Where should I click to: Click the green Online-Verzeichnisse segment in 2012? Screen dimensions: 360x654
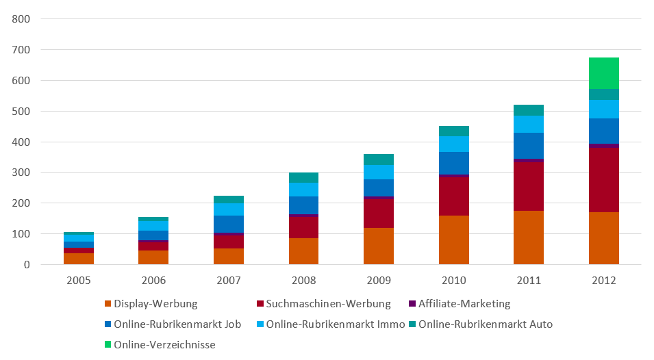[x=604, y=73]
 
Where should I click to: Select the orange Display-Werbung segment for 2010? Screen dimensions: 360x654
[x=454, y=240]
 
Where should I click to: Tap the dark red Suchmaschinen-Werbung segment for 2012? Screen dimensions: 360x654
[x=604, y=180]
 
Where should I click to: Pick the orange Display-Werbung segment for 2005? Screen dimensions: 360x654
[x=79, y=259]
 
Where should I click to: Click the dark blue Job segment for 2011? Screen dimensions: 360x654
[x=529, y=146]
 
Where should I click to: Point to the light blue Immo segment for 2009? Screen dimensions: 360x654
[x=379, y=172]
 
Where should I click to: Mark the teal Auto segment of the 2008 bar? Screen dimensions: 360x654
[x=303, y=178]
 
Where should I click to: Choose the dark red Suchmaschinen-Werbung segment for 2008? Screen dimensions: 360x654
[x=303, y=227]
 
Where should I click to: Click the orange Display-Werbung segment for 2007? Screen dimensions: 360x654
[x=229, y=256]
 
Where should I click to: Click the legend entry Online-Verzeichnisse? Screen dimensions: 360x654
[x=164, y=345]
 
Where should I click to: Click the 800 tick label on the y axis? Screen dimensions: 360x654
[x=21, y=19]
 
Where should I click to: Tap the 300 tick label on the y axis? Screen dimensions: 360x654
[x=21, y=172]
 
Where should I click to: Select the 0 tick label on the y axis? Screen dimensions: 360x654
[x=26, y=265]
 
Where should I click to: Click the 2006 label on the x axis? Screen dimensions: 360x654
[x=153, y=281]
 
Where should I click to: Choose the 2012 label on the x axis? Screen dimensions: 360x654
[x=604, y=281]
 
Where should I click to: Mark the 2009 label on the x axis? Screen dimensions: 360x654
[x=379, y=281]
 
